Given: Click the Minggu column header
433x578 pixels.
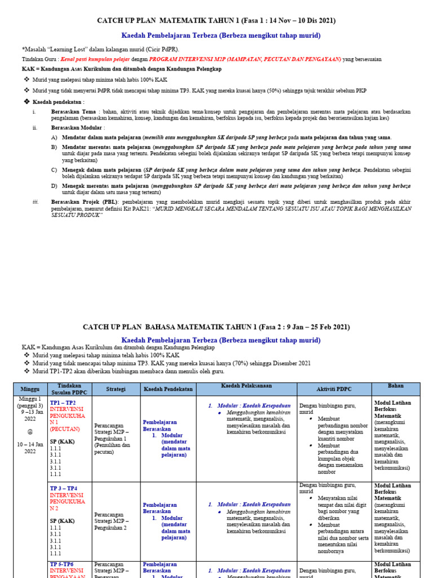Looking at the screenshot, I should pyautogui.click(x=30, y=389).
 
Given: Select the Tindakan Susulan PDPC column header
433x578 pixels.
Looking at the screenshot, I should pyautogui.click(x=69, y=389).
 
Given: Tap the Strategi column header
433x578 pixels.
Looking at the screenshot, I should pyautogui.click(x=115, y=389).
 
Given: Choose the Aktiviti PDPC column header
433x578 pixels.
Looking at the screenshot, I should pyautogui.click(x=334, y=389).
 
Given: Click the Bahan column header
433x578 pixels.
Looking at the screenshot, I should pyautogui.click(x=395, y=386).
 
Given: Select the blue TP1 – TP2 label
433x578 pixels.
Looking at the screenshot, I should pyautogui.click(x=64, y=403).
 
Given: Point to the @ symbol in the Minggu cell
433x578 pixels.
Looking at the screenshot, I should pyautogui.click(x=30, y=432).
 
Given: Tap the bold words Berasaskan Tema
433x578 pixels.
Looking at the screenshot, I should pyautogui.click(x=73, y=112).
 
